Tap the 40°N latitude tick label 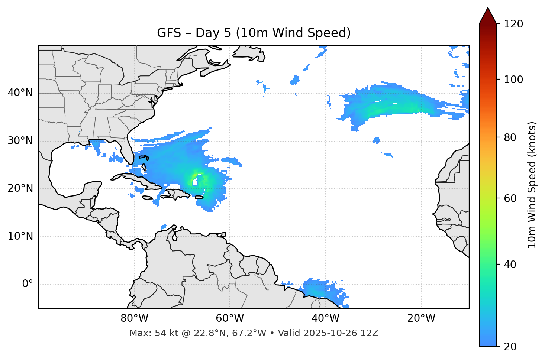point(20,93)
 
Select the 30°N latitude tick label point(20,141)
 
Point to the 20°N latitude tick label point(20,188)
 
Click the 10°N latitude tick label point(20,236)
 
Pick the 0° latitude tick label point(28,284)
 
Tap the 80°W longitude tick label point(134,318)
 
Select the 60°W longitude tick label point(229,318)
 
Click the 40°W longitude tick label point(325,318)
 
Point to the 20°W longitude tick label point(421,318)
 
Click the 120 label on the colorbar point(513,24)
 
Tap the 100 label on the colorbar point(513,80)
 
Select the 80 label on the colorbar point(510,137)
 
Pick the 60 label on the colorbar point(510,198)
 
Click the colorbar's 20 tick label point(510,347)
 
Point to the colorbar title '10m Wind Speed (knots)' point(532,185)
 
